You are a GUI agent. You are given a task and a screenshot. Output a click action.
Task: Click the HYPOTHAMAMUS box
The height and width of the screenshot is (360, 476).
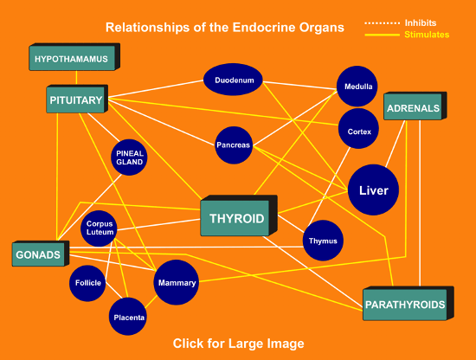71,59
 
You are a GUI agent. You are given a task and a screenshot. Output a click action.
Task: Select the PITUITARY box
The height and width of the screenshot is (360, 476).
75,100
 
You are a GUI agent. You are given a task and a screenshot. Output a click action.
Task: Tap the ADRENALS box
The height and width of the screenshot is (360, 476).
413,109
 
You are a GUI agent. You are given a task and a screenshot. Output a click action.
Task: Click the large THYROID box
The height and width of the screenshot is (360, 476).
236,218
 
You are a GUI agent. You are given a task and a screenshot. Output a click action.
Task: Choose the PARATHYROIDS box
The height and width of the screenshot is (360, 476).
404,305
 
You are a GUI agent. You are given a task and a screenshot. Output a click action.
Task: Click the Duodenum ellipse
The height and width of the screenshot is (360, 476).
233,80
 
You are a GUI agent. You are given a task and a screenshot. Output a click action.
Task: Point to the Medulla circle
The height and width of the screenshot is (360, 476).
358,87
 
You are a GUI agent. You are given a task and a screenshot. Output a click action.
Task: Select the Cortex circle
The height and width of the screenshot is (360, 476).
358,132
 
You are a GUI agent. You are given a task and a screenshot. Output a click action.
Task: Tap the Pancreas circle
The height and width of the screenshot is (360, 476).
233,145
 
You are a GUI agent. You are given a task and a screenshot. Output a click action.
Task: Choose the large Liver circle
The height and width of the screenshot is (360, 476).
373,190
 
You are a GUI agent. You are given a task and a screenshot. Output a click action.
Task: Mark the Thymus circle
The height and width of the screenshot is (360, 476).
323,240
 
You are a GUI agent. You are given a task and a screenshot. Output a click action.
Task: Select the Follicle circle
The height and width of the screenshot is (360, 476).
88,283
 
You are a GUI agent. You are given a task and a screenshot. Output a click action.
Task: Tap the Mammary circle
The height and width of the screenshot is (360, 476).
176,283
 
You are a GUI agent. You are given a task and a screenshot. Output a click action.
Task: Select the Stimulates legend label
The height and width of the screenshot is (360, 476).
427,35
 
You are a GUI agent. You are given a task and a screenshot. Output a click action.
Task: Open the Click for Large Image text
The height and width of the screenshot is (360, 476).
238,344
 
